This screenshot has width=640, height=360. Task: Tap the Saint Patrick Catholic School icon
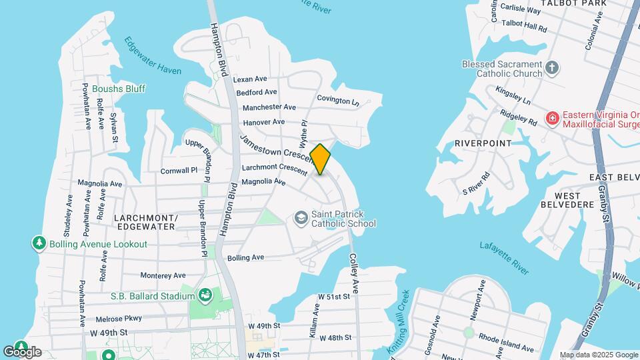(301, 218)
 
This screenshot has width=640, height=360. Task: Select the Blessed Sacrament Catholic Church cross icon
(551, 67)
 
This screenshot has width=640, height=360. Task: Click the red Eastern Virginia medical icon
(552, 119)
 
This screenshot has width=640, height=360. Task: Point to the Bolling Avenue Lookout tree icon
(39, 244)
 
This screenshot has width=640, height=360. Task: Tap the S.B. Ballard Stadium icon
(206, 294)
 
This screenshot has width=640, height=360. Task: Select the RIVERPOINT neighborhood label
(483, 143)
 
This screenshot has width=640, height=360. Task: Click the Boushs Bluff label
(119, 89)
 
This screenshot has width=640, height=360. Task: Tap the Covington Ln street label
(338, 101)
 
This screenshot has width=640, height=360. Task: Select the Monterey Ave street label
(163, 275)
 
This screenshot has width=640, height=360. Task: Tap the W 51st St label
(334, 296)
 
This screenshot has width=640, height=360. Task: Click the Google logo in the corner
(22, 351)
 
